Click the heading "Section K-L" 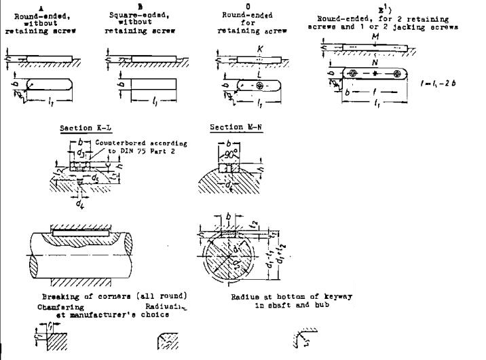(85, 128)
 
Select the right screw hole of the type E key (393, 73)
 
